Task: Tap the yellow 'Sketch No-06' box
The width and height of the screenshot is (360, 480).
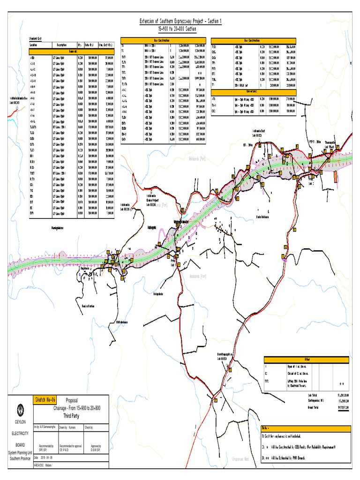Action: pos(45,399)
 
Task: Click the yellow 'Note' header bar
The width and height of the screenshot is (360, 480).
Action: pos(305,428)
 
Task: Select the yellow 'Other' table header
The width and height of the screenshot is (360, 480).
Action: pos(306,359)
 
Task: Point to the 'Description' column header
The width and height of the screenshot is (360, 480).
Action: pos(62,45)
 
